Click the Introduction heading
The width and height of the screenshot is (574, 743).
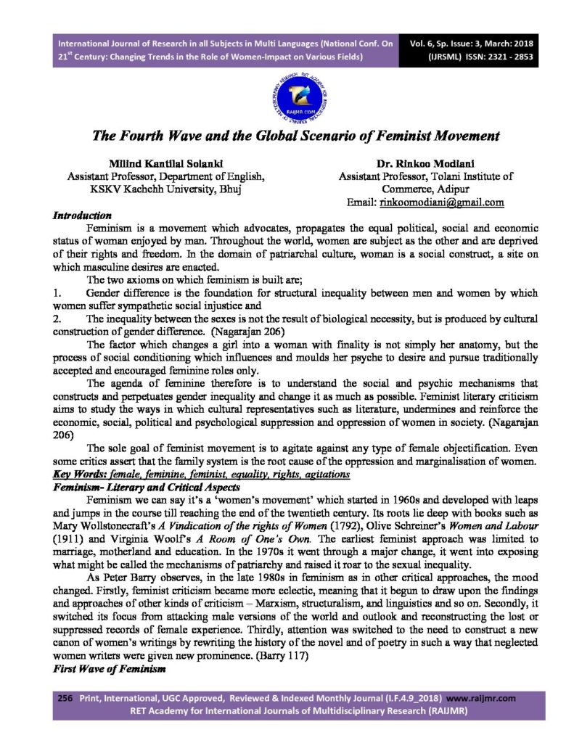click(82, 215)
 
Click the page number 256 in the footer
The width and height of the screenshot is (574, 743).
click(65, 697)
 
